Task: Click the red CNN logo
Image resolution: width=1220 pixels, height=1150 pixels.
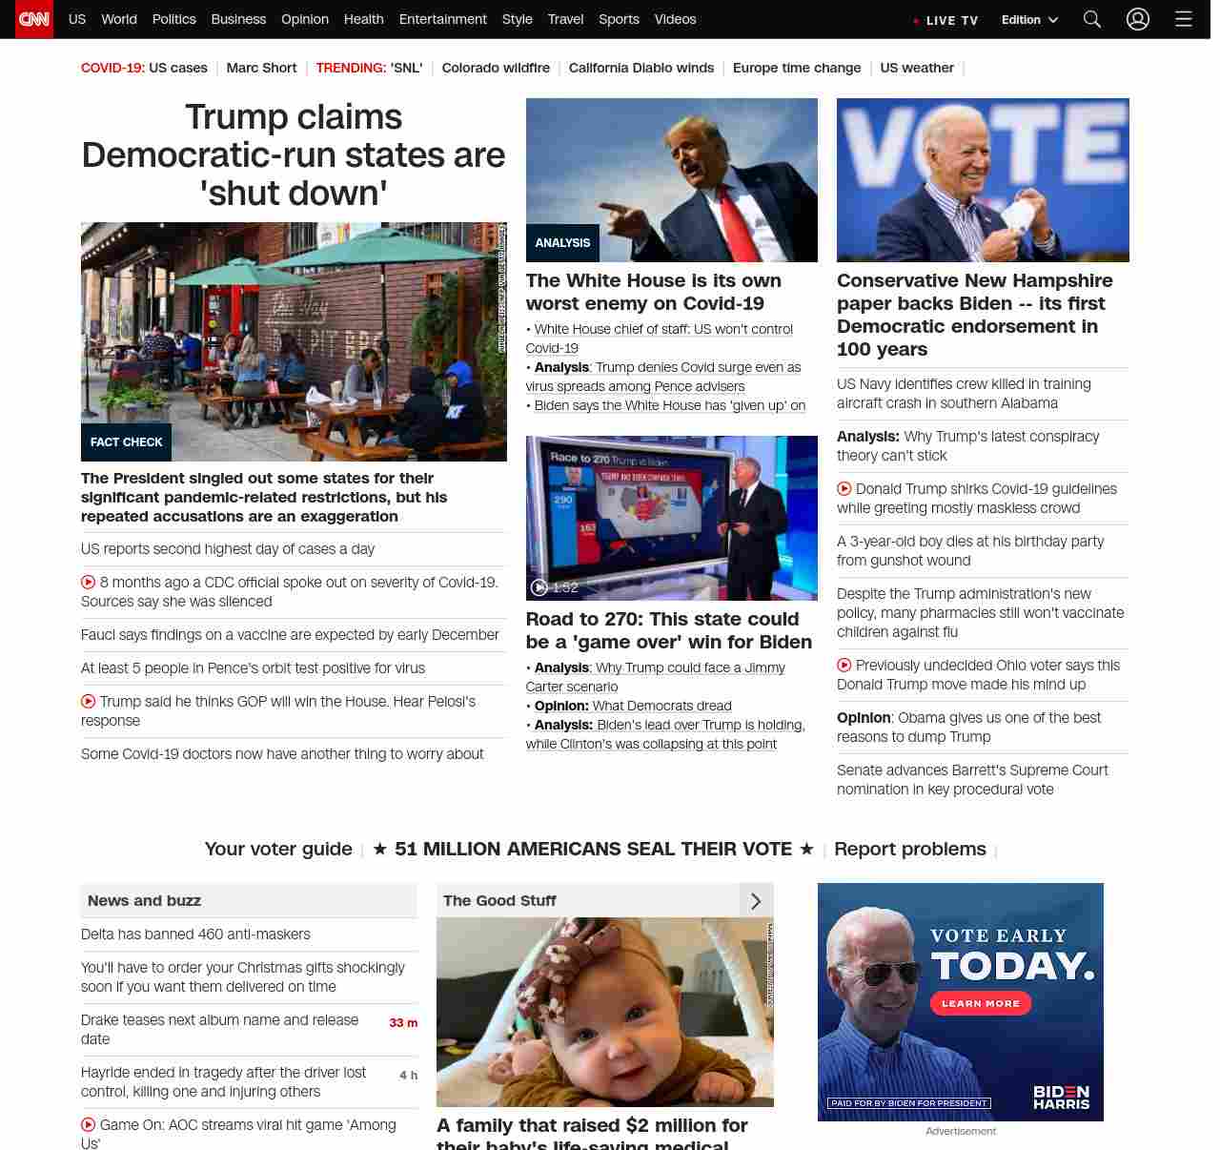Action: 34,19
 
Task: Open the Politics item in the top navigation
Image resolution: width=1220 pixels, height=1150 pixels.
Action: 173,19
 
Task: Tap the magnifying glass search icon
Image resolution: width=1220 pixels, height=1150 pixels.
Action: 1092,19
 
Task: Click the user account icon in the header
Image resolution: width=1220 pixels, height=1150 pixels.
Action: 1138,19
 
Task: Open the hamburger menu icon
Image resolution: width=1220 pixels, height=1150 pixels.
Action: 1184,19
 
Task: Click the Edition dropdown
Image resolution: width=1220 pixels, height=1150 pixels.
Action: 1029,19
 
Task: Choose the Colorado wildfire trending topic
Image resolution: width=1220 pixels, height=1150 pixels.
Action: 496,68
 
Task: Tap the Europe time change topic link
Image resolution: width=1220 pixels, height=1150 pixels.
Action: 797,68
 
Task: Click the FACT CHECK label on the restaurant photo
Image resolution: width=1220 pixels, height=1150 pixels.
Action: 126,442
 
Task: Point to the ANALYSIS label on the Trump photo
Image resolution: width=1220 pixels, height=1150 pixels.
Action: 562,243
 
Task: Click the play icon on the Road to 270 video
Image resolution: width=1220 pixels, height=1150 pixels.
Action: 539,587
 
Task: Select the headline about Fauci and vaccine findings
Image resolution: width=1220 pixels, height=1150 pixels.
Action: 290,635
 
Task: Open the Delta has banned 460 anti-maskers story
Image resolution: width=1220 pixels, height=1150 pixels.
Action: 195,934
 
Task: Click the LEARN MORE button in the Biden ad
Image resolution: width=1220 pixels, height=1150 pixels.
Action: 981,1003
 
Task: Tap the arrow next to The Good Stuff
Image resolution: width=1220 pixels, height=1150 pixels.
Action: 756,901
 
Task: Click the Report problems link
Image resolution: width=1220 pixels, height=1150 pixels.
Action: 910,849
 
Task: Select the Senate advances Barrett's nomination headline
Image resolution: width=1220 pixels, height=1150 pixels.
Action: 972,780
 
